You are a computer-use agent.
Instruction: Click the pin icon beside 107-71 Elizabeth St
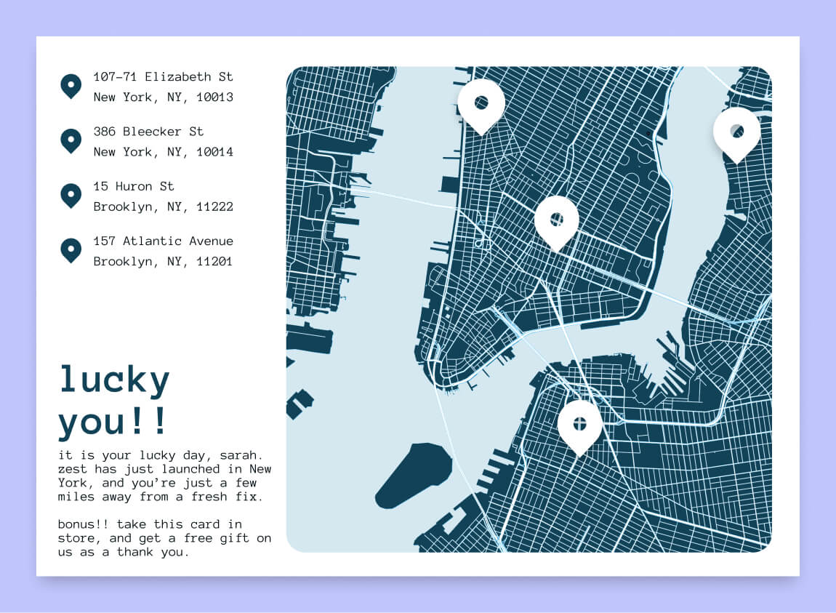click(71, 86)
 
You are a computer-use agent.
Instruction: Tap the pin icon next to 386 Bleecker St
click(71, 140)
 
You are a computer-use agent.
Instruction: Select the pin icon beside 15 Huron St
click(71, 195)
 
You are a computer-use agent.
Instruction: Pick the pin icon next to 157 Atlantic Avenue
click(71, 249)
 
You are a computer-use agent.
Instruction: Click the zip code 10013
click(215, 97)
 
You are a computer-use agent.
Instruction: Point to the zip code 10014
click(215, 151)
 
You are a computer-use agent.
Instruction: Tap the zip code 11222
click(215, 207)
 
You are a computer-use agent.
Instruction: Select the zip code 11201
click(215, 261)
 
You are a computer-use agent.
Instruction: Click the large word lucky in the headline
click(114, 380)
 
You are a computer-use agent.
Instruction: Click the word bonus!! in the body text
click(84, 524)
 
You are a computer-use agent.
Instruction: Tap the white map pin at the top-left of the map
click(481, 104)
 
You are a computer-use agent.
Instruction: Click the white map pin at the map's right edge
click(736, 132)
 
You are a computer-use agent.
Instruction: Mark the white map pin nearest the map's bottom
click(579, 425)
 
